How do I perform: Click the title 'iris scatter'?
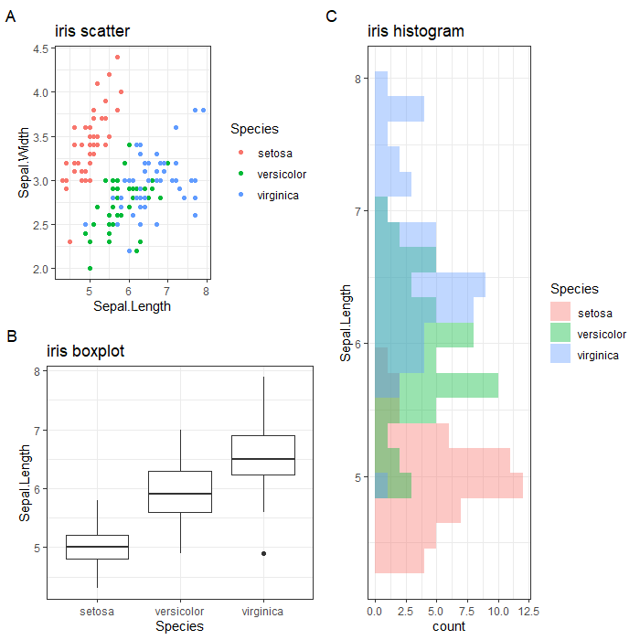click(x=91, y=32)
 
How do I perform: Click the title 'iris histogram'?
click(x=415, y=32)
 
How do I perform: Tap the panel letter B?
click(x=11, y=336)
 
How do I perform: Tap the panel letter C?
click(x=331, y=16)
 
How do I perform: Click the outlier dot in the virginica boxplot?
click(x=263, y=553)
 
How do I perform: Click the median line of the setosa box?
click(x=101, y=547)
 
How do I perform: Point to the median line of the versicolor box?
click(x=180, y=494)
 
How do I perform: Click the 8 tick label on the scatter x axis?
click(x=206, y=293)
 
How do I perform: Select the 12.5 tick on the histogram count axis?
click(x=528, y=610)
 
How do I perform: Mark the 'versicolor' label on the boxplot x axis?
click(x=180, y=612)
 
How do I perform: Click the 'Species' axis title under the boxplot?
click(x=179, y=626)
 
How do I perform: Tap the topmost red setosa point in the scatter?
click(x=116, y=57)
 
